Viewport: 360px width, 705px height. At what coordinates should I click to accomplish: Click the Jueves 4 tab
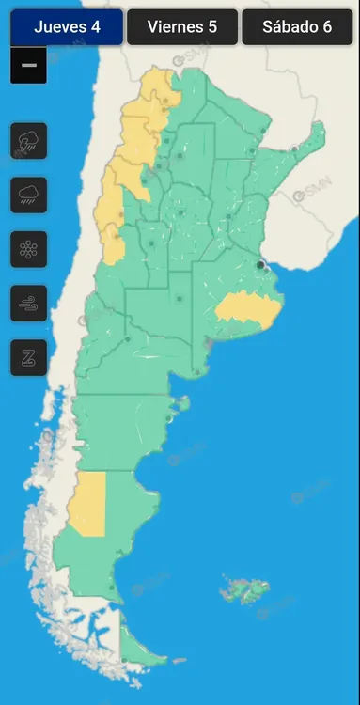click(67, 27)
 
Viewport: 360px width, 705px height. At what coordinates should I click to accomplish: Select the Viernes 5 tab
click(181, 27)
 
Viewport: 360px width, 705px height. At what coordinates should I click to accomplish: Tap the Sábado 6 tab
click(297, 27)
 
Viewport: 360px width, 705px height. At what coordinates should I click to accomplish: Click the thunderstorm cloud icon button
click(28, 142)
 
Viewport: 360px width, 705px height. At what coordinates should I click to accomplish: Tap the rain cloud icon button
click(28, 196)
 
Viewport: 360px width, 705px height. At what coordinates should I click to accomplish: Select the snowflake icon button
click(28, 249)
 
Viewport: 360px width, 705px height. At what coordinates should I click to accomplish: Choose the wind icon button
click(28, 304)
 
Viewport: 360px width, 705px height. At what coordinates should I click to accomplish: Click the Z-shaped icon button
click(28, 357)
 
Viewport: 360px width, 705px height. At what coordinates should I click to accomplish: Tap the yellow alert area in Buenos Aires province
click(246, 309)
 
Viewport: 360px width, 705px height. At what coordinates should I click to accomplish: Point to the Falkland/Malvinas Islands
click(245, 591)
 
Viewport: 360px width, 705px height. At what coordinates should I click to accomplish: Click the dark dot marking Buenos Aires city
click(260, 265)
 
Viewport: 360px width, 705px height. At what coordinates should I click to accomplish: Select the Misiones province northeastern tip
click(316, 137)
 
